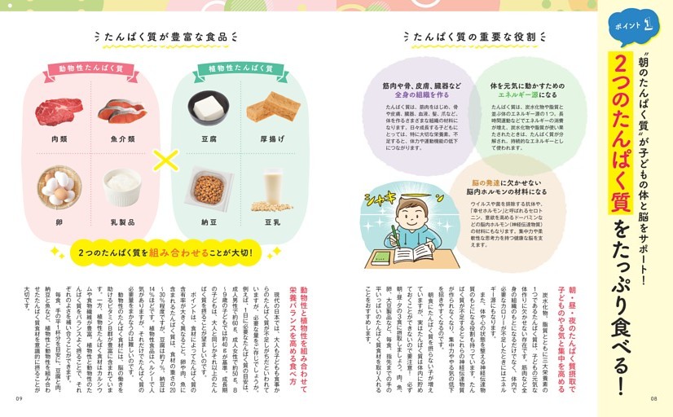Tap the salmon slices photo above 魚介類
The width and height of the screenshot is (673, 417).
click(122, 109)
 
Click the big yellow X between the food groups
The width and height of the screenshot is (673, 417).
click(165, 160)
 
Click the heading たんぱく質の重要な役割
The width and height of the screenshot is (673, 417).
click(465, 37)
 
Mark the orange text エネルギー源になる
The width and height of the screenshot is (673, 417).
click(522, 94)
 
